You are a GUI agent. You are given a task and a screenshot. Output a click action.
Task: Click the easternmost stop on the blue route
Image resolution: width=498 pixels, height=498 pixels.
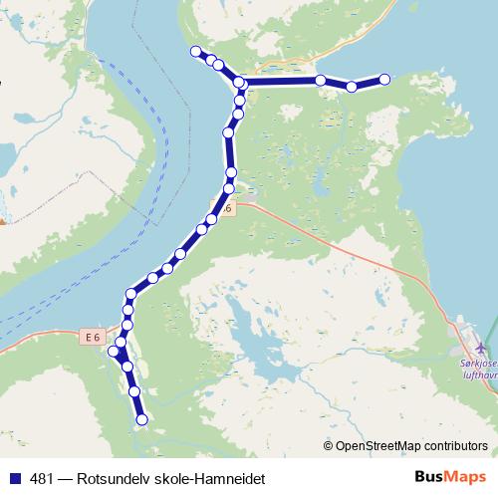(384, 79)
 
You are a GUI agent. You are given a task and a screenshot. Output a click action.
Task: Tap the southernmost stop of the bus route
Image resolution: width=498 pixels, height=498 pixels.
(141, 420)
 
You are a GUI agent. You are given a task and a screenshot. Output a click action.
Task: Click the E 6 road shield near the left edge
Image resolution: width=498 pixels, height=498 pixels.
(93, 338)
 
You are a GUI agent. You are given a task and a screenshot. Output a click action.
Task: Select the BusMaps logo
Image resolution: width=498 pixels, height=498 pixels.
(449, 478)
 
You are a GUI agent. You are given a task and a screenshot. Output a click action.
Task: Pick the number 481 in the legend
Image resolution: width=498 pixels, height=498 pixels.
(41, 479)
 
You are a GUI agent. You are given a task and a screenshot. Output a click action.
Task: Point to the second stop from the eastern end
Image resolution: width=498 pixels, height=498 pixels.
(352, 87)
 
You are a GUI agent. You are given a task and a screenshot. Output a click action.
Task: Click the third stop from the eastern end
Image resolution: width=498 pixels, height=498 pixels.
(321, 80)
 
